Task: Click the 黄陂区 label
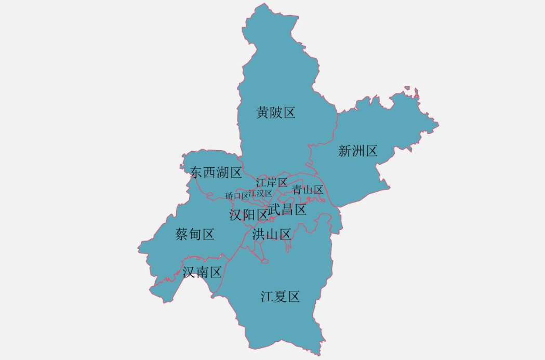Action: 275,112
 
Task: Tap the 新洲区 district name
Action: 357,151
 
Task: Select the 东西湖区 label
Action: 216,173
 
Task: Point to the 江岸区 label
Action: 272,182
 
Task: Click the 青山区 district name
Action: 308,190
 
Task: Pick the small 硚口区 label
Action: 237,196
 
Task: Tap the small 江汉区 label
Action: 260,193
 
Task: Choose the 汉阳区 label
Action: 248,215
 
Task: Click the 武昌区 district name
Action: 287,210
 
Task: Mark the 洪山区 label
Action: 272,234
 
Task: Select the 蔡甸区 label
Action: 195,234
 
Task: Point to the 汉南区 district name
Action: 202,272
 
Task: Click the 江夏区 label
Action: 281,297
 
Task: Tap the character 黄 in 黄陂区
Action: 263,112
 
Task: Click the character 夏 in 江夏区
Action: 281,297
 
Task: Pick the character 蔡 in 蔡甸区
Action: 182,234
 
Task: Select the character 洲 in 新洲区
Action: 357,151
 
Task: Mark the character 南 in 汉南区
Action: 202,272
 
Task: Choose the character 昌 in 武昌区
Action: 287,210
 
